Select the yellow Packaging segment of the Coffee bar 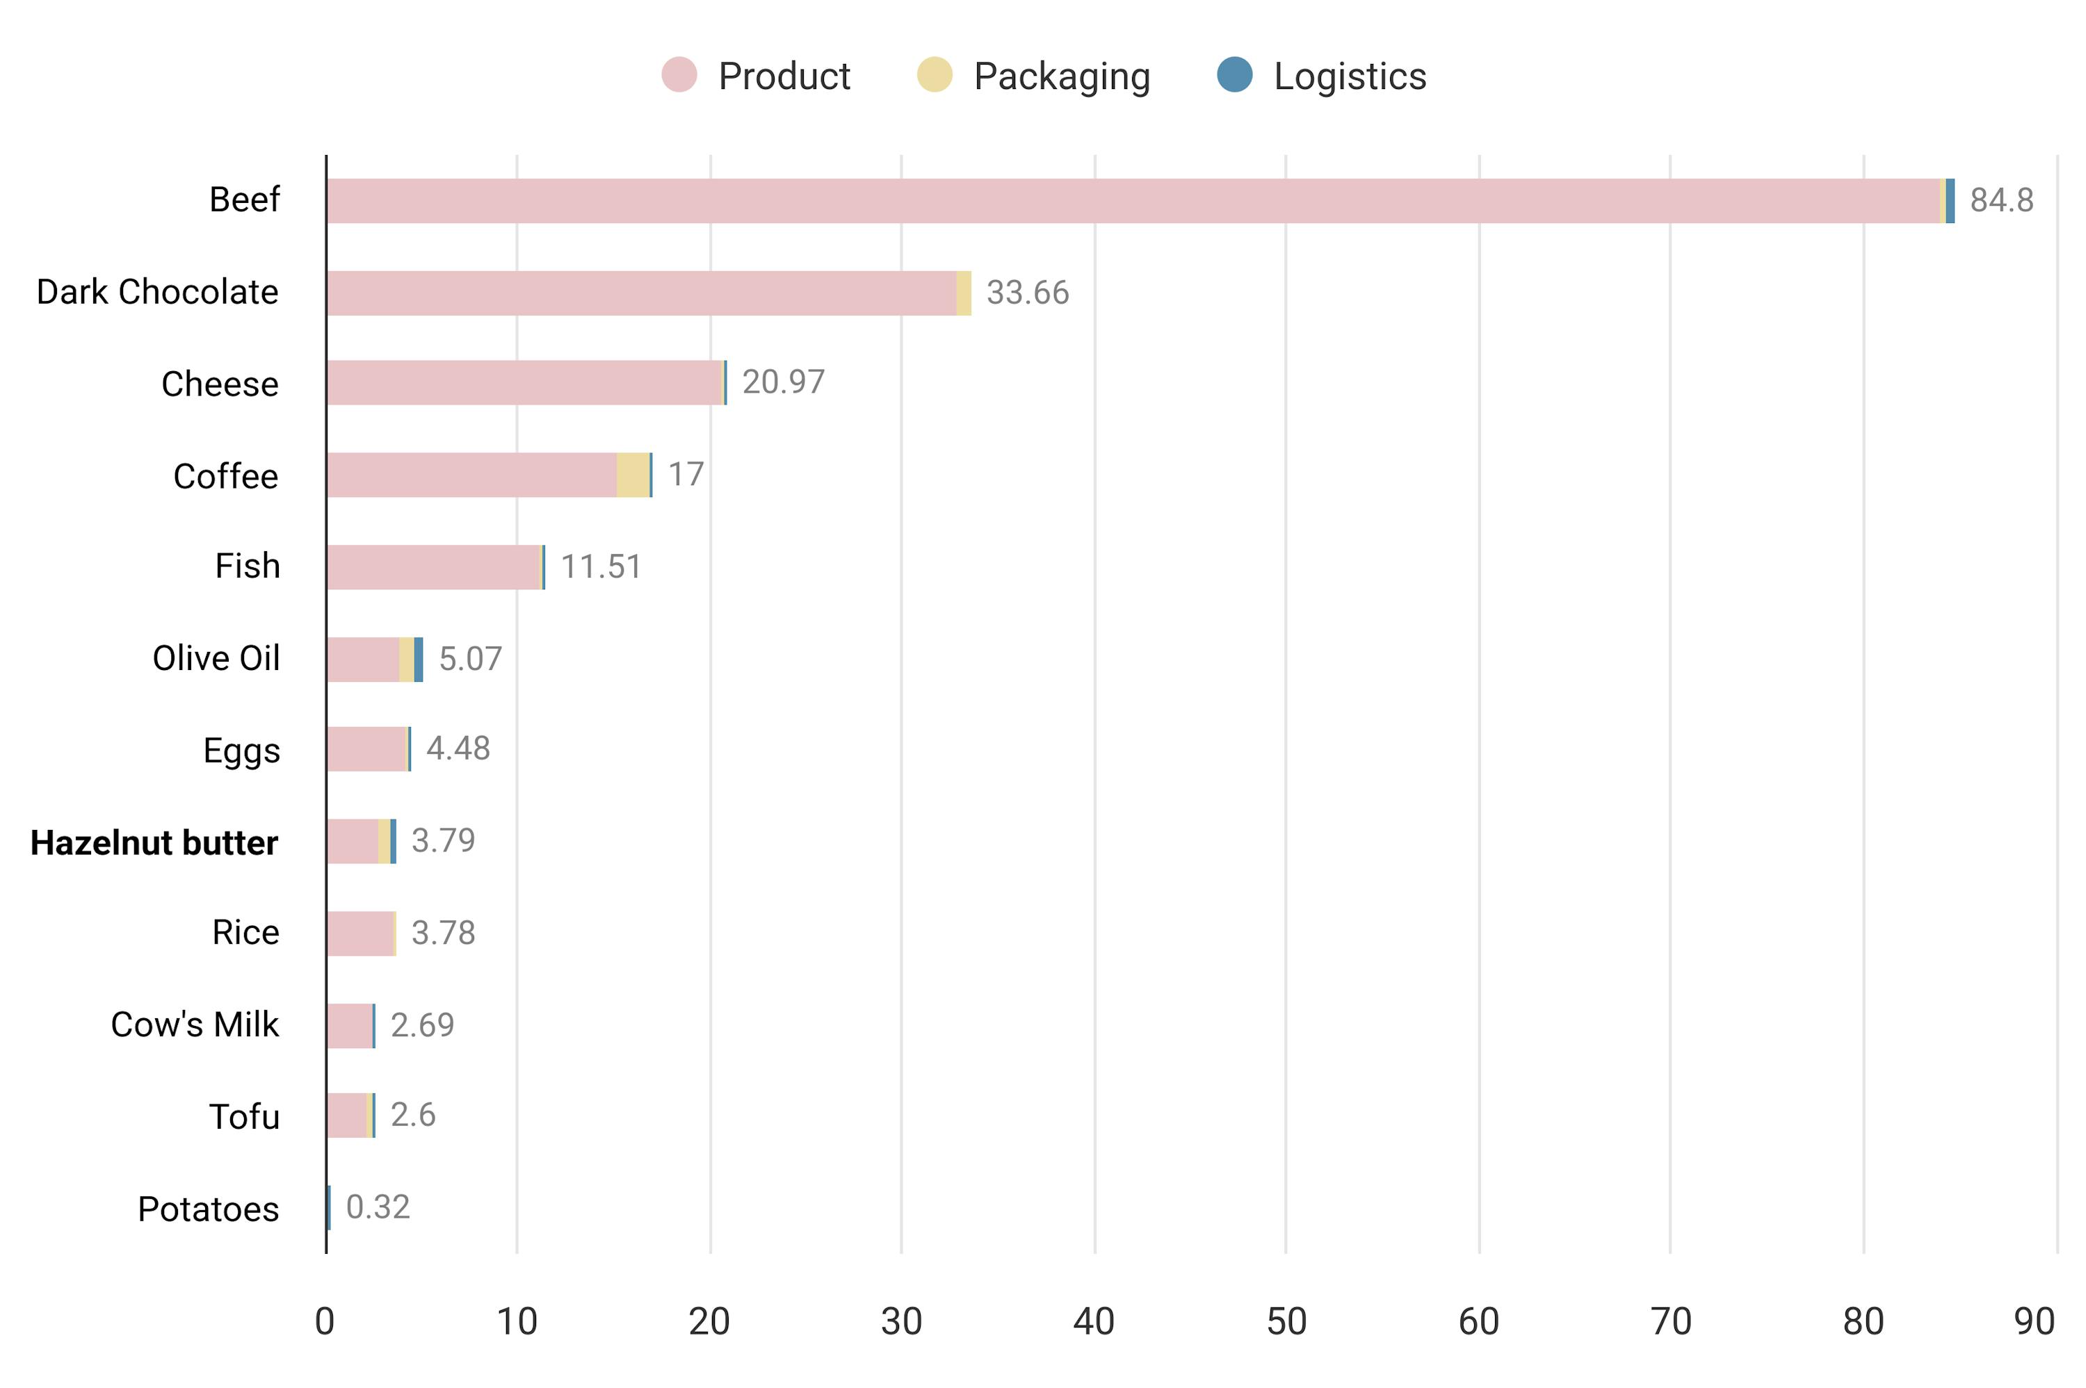tap(632, 475)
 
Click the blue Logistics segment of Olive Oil tap(418, 660)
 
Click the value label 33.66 tap(1027, 293)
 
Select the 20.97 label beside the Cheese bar tap(783, 382)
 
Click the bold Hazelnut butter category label tap(154, 842)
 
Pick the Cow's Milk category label tap(194, 1024)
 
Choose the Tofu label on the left tap(243, 1116)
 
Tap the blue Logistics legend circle tap(1234, 74)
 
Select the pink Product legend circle tap(679, 74)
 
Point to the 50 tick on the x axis tap(1286, 1321)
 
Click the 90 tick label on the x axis tap(2033, 1321)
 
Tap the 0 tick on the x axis tap(325, 1321)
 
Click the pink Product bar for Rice tap(359, 934)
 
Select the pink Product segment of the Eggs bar tap(366, 749)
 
